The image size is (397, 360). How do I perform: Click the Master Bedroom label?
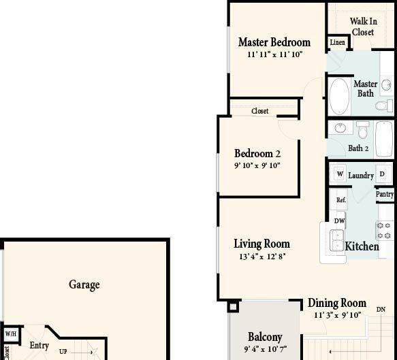coord(274,42)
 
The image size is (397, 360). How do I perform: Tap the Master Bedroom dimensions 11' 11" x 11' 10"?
coord(274,54)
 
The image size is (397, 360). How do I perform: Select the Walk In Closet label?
coord(364,27)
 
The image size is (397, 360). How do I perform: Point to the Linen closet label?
coord(338,42)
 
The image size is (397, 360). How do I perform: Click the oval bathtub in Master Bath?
coord(339,96)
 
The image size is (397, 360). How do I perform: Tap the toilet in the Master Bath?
coord(384,105)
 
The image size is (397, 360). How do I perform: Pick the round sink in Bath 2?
coord(340,128)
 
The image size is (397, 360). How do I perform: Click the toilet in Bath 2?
coord(363,130)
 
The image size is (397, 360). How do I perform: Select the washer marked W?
coord(340,174)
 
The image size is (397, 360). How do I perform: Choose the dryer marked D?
coord(382,174)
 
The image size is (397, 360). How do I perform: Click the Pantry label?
coord(385,195)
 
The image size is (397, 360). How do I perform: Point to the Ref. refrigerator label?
coord(341,200)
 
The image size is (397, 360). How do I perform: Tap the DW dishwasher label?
coord(339,221)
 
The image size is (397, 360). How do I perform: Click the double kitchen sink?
coord(337,240)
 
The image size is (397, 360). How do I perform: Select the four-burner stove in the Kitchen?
coord(384,230)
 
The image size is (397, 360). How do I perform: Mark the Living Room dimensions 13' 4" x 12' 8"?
coord(262,257)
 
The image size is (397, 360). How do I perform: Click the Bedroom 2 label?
coord(257,153)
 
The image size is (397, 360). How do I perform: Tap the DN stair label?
coord(381,310)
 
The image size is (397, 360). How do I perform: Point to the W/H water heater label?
coord(11,334)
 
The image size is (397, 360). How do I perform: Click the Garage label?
coord(84,284)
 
